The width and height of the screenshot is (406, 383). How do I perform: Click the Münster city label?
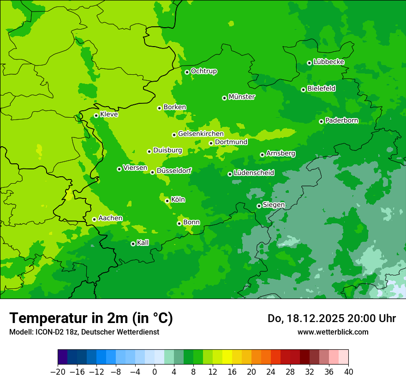tap(242, 97)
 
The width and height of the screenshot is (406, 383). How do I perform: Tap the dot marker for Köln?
tap(167, 201)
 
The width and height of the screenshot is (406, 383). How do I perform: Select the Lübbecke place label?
tap(328, 62)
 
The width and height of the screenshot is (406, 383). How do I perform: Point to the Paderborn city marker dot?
tap(321, 121)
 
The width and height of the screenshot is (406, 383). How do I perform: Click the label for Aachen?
tap(110, 218)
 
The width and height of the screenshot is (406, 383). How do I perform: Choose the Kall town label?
tap(143, 243)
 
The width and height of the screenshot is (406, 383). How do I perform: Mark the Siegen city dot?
tap(259, 206)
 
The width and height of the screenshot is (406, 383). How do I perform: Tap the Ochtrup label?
tap(204, 71)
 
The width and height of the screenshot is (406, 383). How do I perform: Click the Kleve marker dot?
tap(96, 115)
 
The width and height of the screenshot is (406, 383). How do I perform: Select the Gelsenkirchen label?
tap(201, 134)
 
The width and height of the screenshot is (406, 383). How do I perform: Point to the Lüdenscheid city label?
tap(254, 173)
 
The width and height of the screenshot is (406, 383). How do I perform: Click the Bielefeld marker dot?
tap(303, 90)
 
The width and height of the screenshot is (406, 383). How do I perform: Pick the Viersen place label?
tap(135, 168)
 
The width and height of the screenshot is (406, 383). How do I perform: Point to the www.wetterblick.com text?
tap(333, 332)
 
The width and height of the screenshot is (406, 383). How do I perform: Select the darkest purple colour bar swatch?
tap(62, 357)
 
